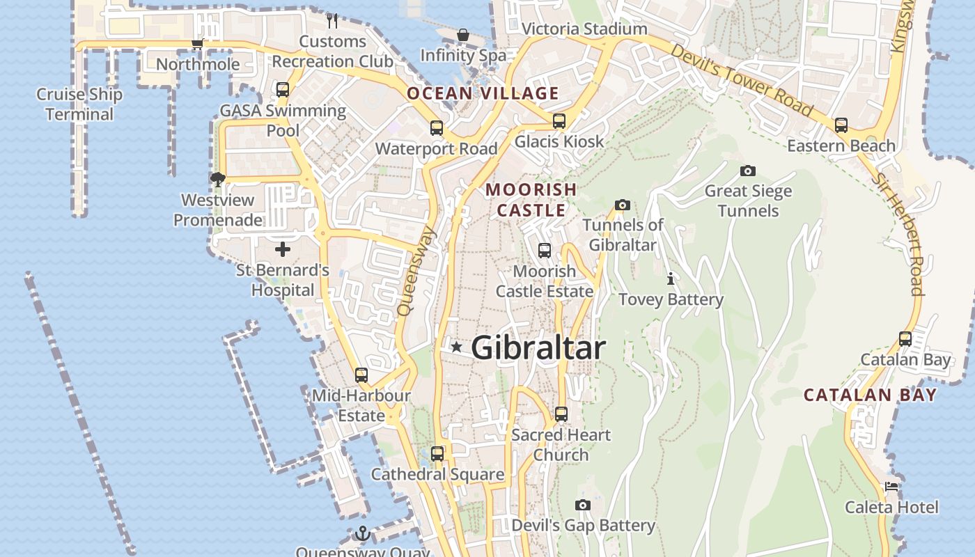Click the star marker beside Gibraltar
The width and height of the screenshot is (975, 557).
tap(456, 347)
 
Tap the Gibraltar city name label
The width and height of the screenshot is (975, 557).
tap(538, 347)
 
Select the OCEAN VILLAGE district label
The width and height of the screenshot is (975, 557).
tap(483, 93)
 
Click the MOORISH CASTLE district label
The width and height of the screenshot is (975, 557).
tap(531, 199)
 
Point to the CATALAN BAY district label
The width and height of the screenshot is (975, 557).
tap(870, 395)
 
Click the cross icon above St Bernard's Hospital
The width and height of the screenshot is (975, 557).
tap(283, 249)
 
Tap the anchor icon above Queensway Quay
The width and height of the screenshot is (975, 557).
tap(362, 534)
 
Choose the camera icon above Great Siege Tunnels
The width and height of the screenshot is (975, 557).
tap(748, 171)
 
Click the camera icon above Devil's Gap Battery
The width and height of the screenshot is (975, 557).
tap(583, 505)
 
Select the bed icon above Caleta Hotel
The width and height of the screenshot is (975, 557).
tap(891, 487)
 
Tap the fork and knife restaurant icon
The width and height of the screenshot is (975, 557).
tap(332, 21)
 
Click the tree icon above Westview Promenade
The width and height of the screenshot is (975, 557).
tap(218, 180)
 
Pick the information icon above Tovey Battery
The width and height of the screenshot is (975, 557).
tap(671, 279)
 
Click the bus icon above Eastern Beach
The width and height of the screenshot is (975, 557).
tap(841, 125)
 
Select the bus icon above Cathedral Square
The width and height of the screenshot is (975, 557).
tap(437, 454)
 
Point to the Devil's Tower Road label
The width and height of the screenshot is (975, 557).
tap(741, 79)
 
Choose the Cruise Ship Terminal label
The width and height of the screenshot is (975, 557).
tap(79, 104)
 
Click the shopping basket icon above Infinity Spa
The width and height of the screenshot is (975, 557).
tap(462, 35)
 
